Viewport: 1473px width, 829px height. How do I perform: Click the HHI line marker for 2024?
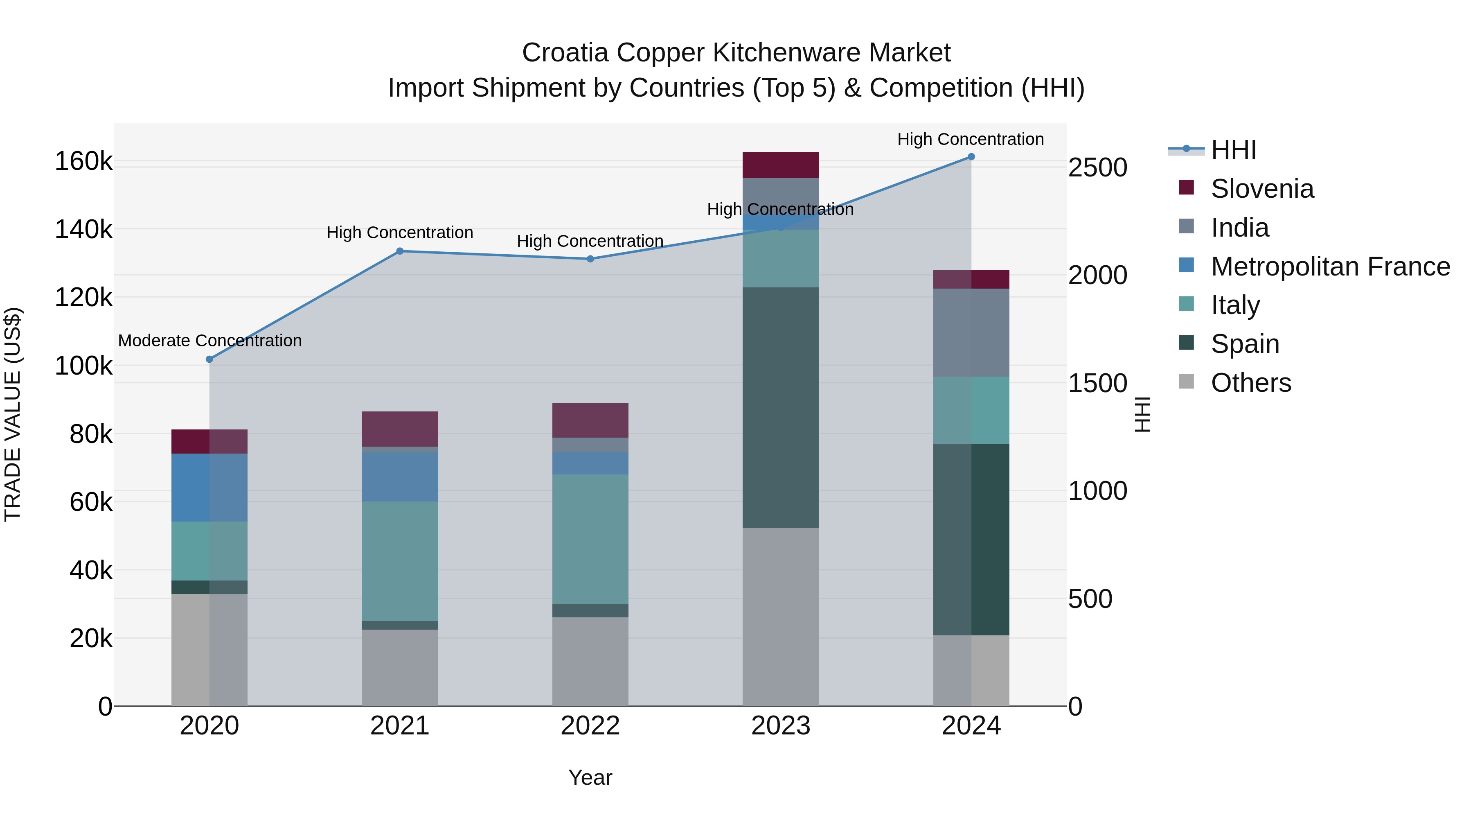point(971,157)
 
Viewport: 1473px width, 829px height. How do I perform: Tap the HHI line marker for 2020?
point(209,359)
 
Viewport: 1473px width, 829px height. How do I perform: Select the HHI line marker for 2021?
point(400,251)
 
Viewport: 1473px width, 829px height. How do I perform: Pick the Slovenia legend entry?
point(1262,189)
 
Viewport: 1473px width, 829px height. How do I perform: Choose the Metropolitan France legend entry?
point(1330,267)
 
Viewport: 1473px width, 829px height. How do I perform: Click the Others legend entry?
point(1250,383)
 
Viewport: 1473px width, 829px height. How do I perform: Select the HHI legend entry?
point(1233,150)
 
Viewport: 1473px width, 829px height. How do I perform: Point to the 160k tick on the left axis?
point(83,161)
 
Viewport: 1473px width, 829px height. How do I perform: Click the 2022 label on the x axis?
point(590,726)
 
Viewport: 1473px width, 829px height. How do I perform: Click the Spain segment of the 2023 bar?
point(781,407)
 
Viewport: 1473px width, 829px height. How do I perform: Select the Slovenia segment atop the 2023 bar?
point(781,165)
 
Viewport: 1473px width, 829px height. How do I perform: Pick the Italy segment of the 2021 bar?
point(400,561)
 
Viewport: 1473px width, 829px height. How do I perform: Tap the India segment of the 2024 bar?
point(971,332)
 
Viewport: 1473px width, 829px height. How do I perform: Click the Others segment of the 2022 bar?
point(590,662)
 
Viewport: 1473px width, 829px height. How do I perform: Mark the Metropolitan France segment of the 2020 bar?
point(209,488)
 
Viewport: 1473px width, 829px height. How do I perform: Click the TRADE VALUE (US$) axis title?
point(13,414)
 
